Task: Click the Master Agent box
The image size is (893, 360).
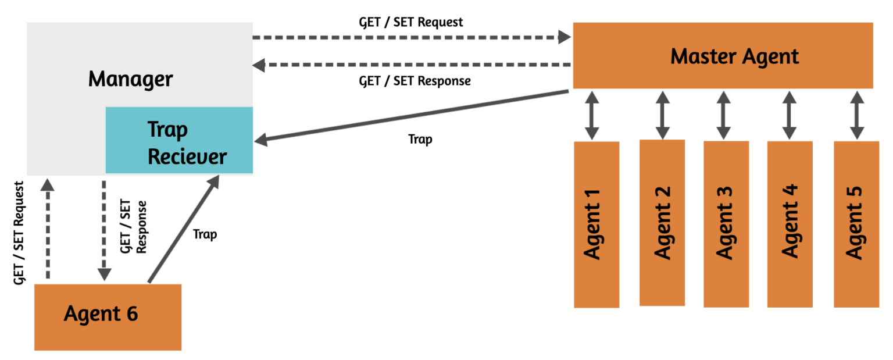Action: point(723,56)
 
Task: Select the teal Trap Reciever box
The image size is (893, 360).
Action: point(179,140)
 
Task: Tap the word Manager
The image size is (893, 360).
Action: point(130,79)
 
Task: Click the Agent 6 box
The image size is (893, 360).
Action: point(108,317)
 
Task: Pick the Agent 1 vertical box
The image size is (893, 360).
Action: point(596,224)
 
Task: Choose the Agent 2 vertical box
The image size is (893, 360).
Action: point(662,223)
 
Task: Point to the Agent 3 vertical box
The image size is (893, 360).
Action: point(726,224)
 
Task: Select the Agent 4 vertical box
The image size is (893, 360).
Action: point(790,224)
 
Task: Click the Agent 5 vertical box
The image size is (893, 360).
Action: point(856,224)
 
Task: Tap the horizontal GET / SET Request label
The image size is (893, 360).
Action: point(411,22)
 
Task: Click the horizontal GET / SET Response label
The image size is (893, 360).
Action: point(415,81)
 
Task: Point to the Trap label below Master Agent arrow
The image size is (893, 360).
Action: point(420,140)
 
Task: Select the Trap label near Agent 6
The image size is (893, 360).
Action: point(205,234)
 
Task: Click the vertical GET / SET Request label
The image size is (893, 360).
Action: point(20,233)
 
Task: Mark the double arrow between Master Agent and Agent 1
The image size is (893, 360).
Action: point(592,115)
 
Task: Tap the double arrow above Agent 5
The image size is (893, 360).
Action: point(856,115)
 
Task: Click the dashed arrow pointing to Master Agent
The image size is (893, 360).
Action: point(412,38)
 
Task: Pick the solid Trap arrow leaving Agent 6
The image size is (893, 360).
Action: point(183,229)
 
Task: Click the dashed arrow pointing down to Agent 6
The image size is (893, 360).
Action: point(104,230)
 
